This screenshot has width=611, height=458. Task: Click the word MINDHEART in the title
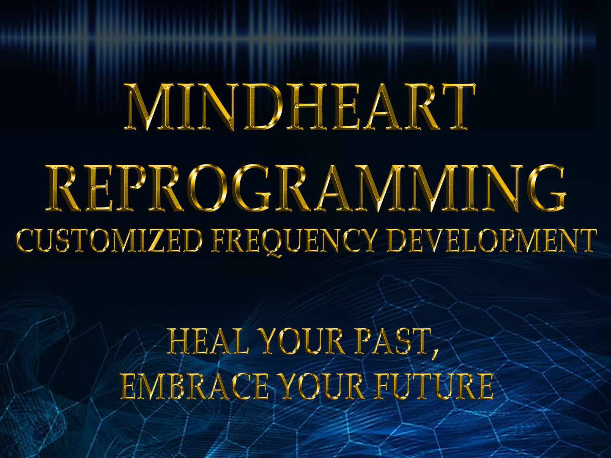299,107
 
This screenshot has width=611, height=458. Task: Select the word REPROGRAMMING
305,188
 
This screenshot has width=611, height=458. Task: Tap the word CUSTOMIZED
109,240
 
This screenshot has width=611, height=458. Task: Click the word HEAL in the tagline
208,341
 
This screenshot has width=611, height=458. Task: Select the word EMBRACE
195,387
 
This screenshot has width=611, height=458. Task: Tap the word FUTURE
434,387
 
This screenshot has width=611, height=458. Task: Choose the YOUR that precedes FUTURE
321,387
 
